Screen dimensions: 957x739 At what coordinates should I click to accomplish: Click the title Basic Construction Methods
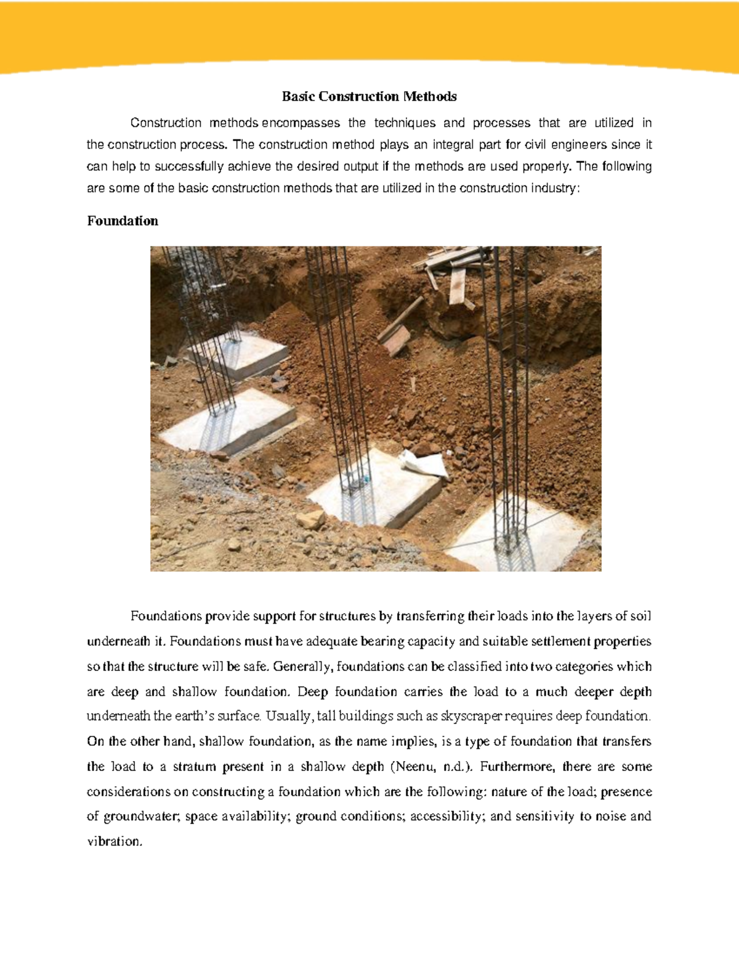point(369,96)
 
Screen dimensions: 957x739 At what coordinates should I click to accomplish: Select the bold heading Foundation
point(123,221)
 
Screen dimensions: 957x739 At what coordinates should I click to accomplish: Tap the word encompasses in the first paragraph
point(301,123)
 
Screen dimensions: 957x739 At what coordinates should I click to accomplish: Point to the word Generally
point(302,666)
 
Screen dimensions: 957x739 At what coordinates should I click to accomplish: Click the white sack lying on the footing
point(424,462)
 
